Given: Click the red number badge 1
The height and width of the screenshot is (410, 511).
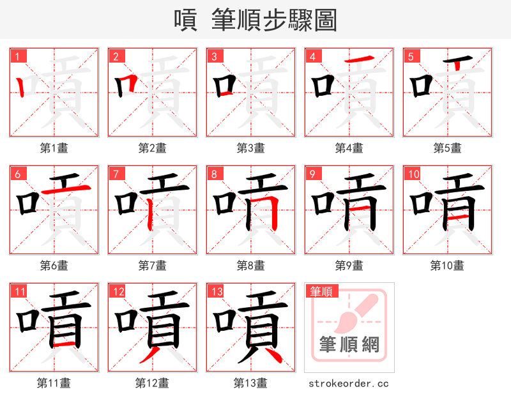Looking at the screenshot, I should (x=18, y=56).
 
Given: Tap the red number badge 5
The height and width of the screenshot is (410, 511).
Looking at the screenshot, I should (x=411, y=56).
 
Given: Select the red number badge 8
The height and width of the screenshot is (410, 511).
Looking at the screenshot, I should (x=215, y=174).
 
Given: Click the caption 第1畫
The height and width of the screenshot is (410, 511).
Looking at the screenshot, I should (x=54, y=148).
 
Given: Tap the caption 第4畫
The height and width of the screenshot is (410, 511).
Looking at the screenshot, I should (x=349, y=148).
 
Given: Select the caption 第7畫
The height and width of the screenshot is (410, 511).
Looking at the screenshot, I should (x=152, y=266).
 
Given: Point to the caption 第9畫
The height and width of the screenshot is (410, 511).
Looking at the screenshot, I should (x=349, y=266).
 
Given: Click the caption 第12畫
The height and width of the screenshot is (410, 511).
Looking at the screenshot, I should (x=152, y=383).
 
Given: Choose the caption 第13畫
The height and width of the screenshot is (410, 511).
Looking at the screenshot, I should (x=250, y=383).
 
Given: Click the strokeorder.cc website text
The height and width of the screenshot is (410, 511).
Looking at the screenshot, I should (x=349, y=384).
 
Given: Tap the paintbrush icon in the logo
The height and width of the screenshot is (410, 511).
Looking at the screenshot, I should (x=358, y=313).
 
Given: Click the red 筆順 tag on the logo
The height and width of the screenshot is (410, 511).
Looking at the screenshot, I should (x=321, y=291).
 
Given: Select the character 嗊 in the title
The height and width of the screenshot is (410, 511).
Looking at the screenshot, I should (x=186, y=20).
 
